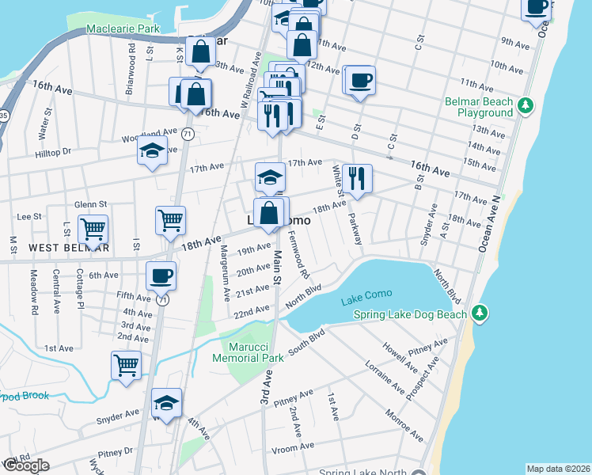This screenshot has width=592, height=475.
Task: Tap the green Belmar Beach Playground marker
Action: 526,106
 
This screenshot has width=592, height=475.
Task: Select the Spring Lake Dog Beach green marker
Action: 479,314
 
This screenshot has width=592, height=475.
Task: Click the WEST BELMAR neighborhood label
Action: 69,248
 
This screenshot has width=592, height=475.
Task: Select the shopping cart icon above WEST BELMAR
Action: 93,230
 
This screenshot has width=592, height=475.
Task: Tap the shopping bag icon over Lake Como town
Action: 269,213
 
